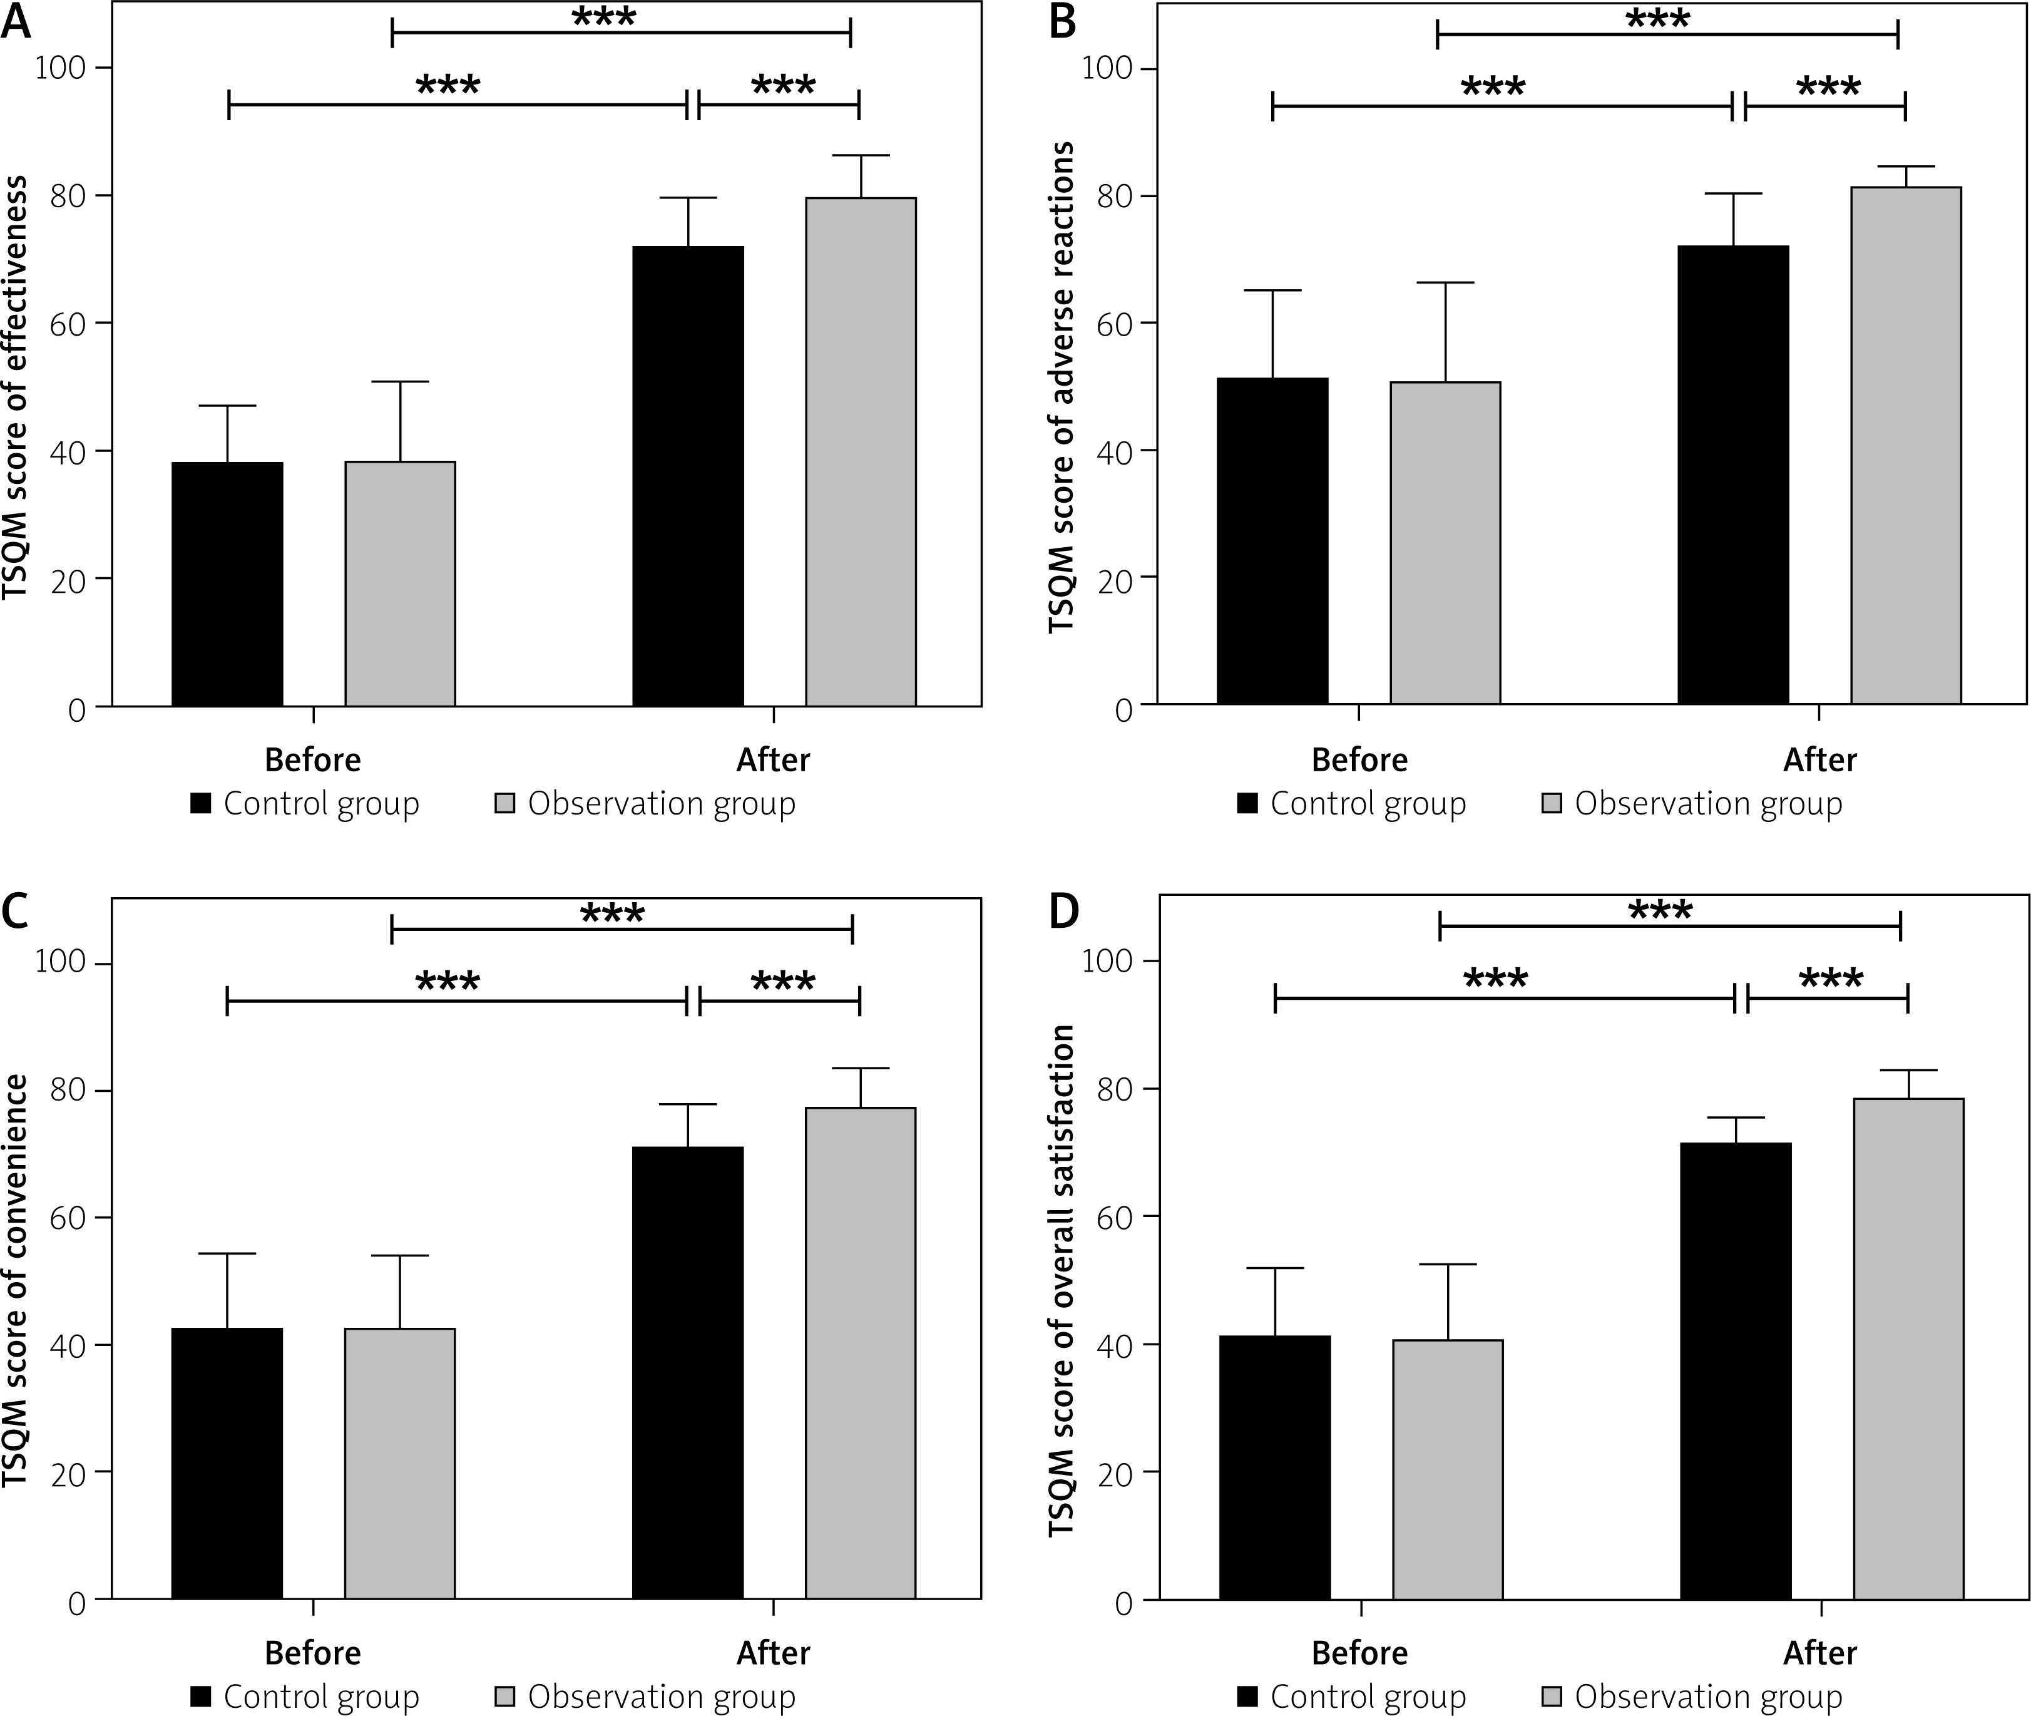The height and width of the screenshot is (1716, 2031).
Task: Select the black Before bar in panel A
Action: (228, 583)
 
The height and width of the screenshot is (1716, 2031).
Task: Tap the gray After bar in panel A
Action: (861, 453)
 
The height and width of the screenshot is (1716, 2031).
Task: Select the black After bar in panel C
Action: (688, 1372)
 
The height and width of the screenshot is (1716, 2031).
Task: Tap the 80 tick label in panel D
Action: (1115, 1089)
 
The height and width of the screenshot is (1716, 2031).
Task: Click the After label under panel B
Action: (1819, 760)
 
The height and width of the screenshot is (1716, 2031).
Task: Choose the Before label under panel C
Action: (312, 1653)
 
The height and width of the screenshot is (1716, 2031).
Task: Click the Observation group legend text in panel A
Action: (662, 803)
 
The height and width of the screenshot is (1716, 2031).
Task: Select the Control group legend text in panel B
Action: (1368, 803)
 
